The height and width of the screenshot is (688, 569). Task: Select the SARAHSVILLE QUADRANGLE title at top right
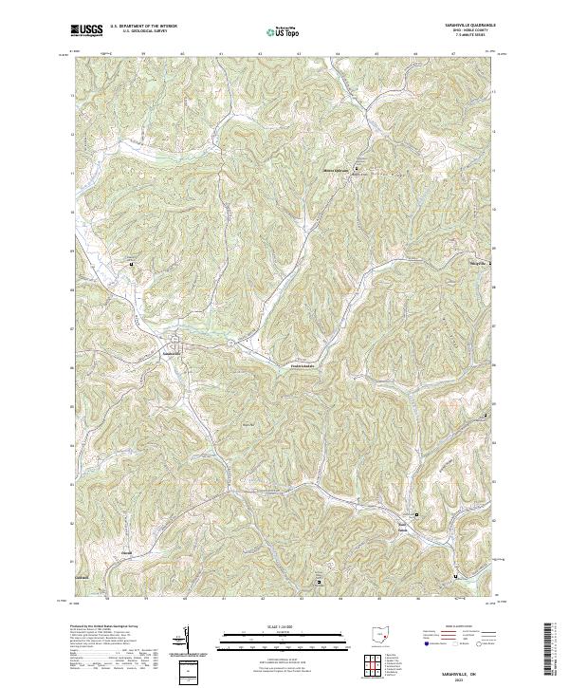[x=468, y=25]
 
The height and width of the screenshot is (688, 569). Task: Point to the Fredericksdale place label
[x=294, y=365]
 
